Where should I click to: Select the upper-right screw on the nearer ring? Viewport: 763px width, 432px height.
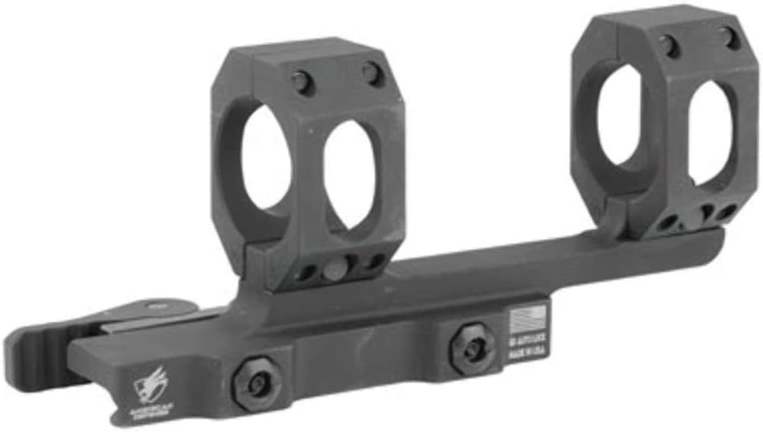371,74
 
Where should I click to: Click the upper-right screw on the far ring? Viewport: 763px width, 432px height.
730,36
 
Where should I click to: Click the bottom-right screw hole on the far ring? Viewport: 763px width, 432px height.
727,213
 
